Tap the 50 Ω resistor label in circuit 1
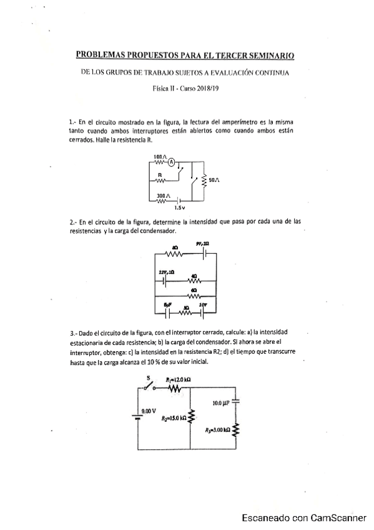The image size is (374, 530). pos(214,179)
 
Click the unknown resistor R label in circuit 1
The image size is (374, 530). pos(160,175)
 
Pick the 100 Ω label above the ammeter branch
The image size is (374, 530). pos(159,156)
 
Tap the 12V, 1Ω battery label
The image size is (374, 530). pos(165,272)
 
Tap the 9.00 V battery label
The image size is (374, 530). pos(149,411)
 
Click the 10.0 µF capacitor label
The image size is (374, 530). pos(221,404)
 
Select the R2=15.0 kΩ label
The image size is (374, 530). pos(174,418)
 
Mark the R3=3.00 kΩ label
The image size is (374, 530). pos(219,430)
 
